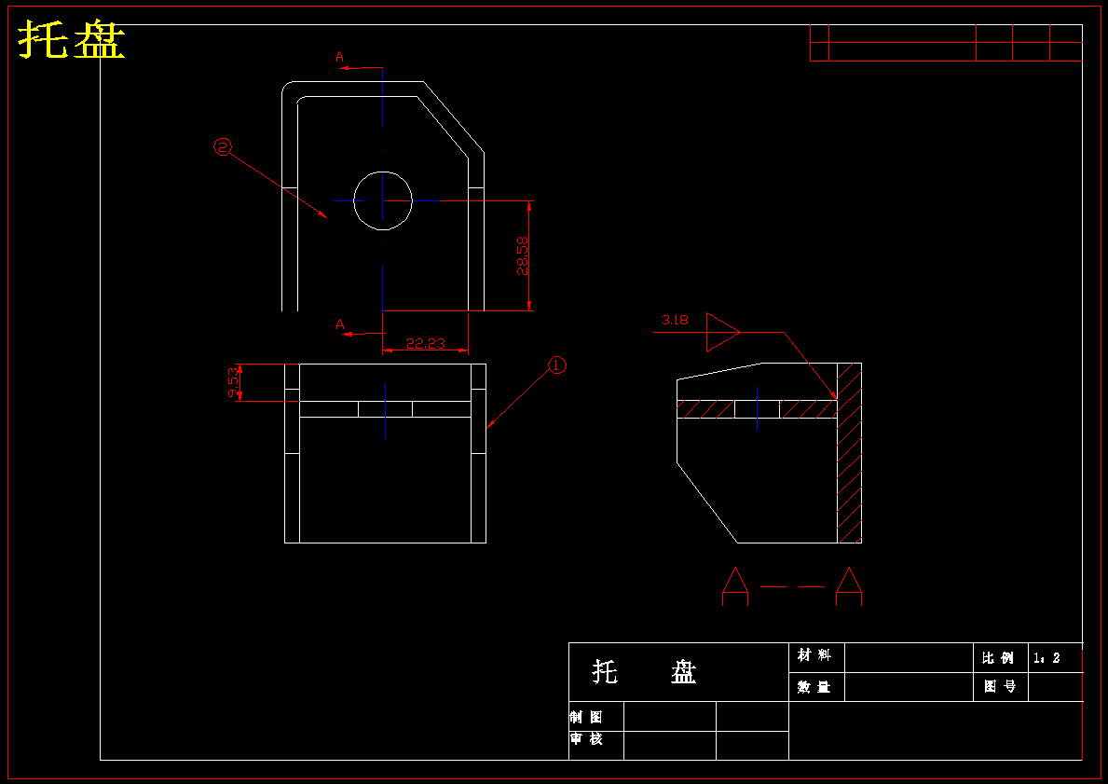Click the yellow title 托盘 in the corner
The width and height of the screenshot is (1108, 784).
(x=72, y=39)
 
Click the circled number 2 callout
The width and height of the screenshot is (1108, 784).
(x=223, y=147)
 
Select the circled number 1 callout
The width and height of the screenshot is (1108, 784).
(x=557, y=365)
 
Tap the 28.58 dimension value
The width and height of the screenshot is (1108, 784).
(x=522, y=256)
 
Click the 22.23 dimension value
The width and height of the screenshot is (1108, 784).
(x=425, y=344)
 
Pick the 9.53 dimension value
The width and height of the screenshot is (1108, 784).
(x=233, y=382)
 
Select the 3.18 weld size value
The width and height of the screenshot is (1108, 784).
(x=675, y=320)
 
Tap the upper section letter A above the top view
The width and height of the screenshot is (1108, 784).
(x=340, y=57)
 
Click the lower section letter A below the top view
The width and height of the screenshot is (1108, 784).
(x=340, y=324)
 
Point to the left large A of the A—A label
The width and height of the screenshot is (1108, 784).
(x=735, y=586)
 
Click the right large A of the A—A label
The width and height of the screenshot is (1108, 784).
(x=849, y=586)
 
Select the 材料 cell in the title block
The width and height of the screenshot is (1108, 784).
(x=814, y=655)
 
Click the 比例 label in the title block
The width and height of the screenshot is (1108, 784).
(x=998, y=658)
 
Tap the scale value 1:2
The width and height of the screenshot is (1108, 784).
(x=1046, y=658)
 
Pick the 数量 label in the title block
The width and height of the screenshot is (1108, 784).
(x=814, y=686)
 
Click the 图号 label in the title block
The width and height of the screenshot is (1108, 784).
(x=1000, y=686)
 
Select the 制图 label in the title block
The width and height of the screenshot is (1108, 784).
(x=586, y=717)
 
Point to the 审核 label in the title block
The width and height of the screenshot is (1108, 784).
(x=586, y=738)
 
